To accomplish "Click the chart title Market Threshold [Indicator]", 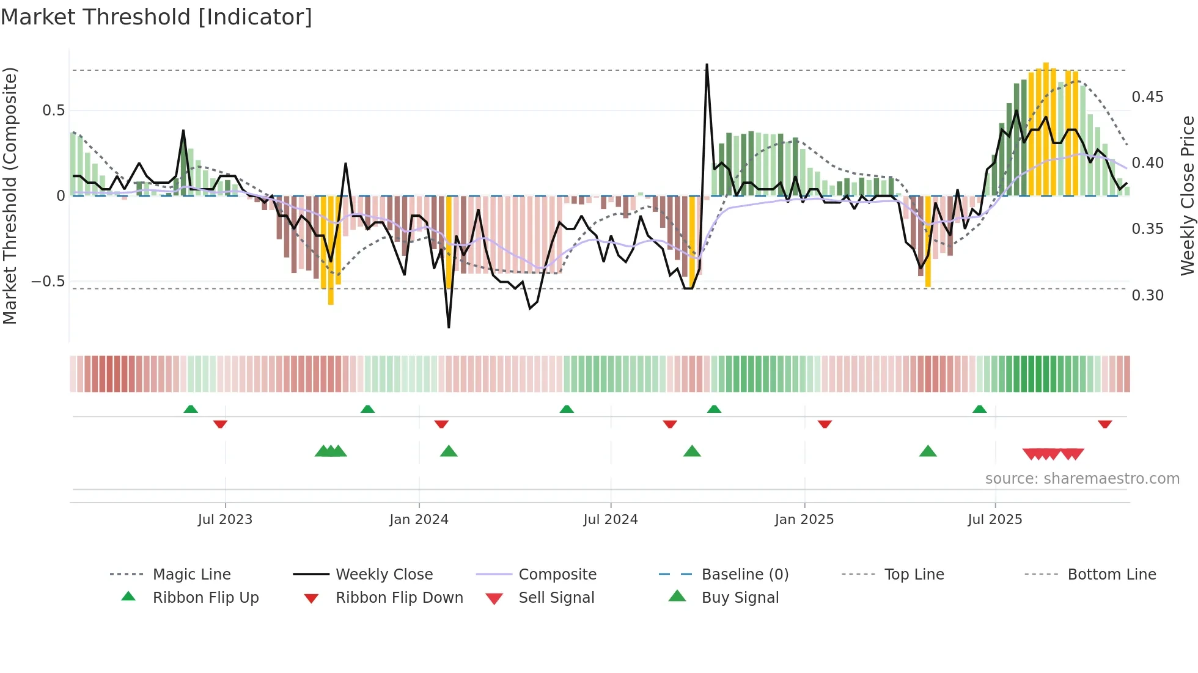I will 156,17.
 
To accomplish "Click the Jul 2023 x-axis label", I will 225,520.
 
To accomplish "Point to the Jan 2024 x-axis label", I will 419,520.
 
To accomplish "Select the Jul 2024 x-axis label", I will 610,520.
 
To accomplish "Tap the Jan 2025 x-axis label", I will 804,520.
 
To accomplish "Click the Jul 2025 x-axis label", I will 994,520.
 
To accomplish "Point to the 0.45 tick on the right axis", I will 1147,97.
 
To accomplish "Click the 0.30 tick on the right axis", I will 1147,296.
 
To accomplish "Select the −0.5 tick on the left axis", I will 48,282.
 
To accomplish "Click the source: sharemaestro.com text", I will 1082,479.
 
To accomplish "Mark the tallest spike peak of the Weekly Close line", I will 707,64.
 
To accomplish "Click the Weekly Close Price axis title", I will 1187,195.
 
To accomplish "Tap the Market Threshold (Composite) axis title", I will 10,195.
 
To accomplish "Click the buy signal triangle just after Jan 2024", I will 449,451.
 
